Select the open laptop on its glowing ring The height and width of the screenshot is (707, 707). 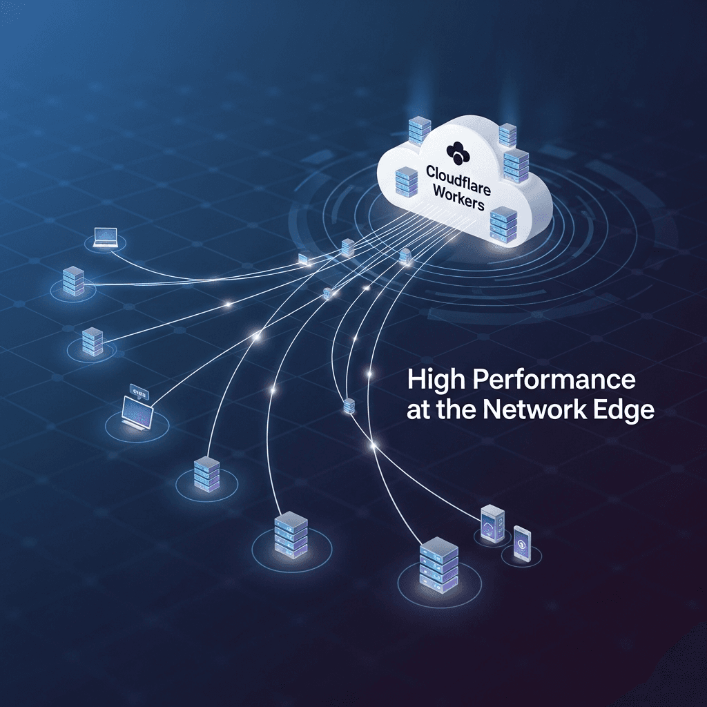click(105, 238)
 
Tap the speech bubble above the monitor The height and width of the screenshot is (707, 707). click(137, 392)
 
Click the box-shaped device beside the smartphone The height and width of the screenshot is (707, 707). click(492, 525)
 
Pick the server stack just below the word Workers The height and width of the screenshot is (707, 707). click(502, 224)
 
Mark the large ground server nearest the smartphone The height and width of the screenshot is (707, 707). click(438, 565)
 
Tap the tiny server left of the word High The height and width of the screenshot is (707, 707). click(349, 406)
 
